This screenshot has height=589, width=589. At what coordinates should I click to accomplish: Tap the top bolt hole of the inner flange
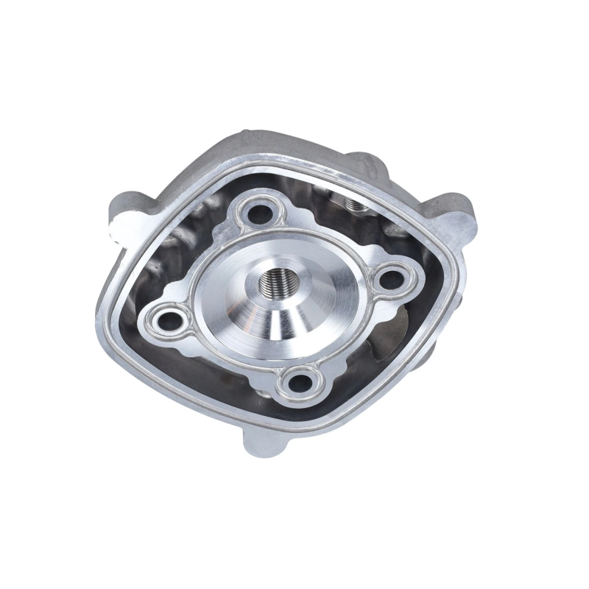(260, 212)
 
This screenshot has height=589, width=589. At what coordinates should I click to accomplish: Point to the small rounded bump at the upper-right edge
(361, 159)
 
